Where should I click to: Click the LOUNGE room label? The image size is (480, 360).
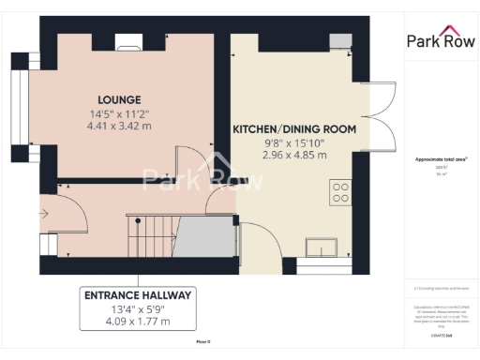tap(118, 99)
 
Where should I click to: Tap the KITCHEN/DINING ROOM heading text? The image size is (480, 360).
tap(294, 128)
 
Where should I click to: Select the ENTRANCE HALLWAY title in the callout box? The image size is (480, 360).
tap(138, 295)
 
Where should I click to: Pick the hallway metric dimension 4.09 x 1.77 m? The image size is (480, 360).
tap(138, 322)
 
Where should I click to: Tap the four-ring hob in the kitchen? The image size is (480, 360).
tap(341, 193)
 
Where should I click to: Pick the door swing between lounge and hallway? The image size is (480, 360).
tap(193, 165)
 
